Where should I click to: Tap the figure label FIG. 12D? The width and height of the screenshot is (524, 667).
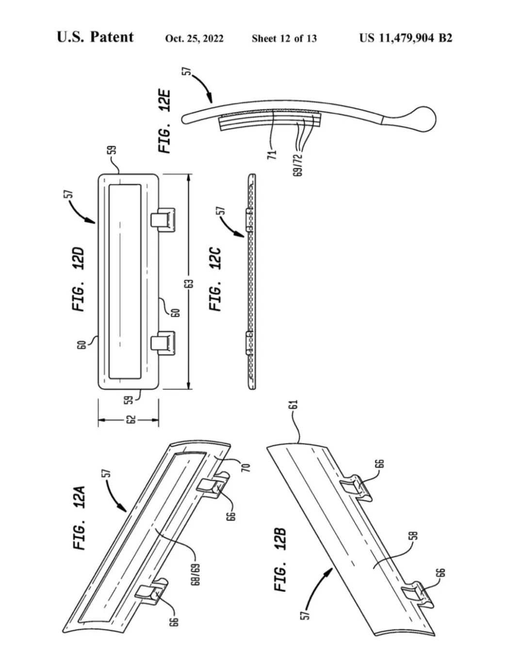click(78, 279)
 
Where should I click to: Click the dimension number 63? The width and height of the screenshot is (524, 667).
click(190, 283)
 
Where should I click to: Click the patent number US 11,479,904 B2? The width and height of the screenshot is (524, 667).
click(406, 38)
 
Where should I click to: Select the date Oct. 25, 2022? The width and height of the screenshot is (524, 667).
click(194, 38)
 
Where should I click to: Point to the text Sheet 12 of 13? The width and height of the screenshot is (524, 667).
click(284, 38)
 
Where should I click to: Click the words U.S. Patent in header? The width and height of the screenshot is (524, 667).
click(95, 37)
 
